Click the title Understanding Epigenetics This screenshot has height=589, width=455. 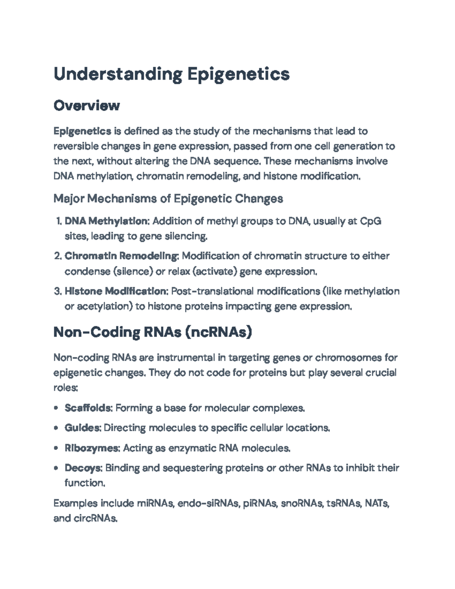pos(171,74)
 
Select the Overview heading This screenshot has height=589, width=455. pos(86,105)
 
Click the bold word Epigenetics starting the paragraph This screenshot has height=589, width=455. pos(82,131)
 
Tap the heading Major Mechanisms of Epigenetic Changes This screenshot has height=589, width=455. pos(168,198)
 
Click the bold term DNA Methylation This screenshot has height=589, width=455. pos(107,221)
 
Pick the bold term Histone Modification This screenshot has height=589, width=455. pos(116,291)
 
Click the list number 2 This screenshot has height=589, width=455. pos(57,256)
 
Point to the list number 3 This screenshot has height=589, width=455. pos(57,292)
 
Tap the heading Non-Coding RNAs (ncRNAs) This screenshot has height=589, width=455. pos(152,332)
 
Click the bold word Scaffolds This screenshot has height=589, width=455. pos(88,408)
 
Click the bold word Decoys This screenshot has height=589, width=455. pos(83,468)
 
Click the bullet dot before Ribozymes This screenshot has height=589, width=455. pos(56,448)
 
